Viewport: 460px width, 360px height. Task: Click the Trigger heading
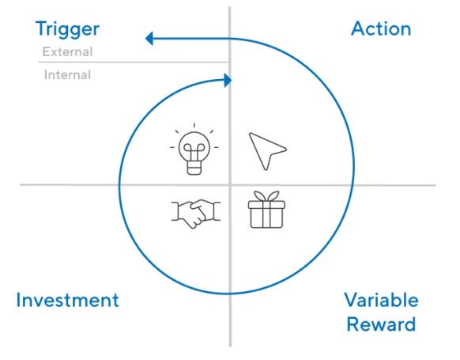click(x=67, y=29)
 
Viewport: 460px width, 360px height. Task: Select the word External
click(x=67, y=52)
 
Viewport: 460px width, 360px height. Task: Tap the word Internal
click(x=67, y=75)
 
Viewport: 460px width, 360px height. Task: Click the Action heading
click(x=381, y=28)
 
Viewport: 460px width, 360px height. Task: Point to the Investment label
click(x=67, y=300)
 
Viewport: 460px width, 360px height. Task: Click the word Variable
click(x=382, y=300)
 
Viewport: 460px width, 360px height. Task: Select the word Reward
click(x=382, y=324)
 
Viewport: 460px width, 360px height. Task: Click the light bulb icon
click(x=194, y=150)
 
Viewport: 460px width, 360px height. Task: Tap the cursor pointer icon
click(x=268, y=151)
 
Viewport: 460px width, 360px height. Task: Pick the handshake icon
click(x=196, y=214)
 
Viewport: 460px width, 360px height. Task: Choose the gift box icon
click(x=266, y=210)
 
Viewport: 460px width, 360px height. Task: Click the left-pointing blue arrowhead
click(x=149, y=39)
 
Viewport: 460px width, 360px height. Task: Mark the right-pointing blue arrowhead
click(x=228, y=81)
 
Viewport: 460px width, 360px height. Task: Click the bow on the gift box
click(x=266, y=196)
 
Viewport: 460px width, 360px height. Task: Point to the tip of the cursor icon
click(x=250, y=134)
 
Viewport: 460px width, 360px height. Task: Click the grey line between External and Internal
click(x=134, y=63)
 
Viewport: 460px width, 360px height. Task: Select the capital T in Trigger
click(x=42, y=28)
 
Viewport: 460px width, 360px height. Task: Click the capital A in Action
click(x=358, y=28)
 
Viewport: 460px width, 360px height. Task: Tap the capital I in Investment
click(x=18, y=300)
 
